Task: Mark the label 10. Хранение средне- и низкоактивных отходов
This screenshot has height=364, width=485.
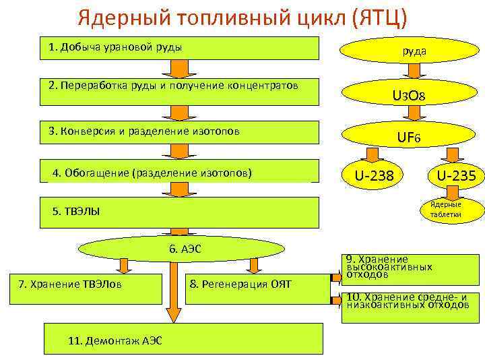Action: click(411, 301)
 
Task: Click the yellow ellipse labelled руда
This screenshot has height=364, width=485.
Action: click(414, 50)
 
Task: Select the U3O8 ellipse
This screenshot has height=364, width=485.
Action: click(408, 96)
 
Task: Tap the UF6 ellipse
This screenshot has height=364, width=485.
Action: click(408, 138)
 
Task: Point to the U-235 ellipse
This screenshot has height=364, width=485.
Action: click(456, 176)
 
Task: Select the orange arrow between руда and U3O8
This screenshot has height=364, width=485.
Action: click(414, 71)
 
